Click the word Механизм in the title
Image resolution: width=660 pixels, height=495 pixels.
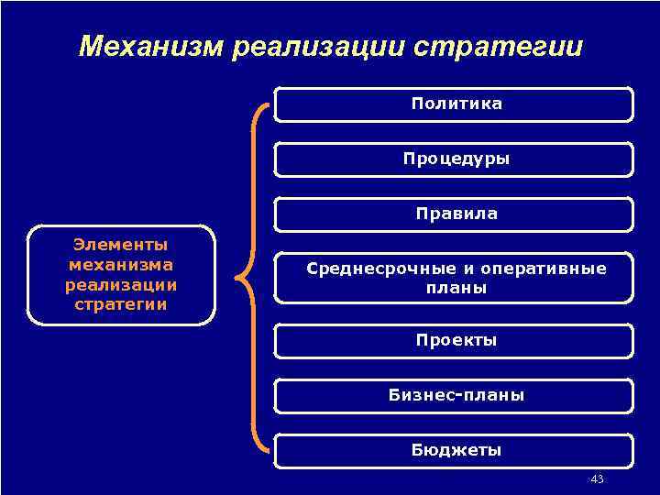[x=151, y=47]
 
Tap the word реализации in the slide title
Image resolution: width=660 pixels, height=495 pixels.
[x=316, y=47]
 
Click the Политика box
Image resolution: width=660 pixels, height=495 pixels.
[x=455, y=104]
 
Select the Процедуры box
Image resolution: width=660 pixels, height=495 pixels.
[x=455, y=159]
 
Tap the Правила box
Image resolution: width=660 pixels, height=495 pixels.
[x=455, y=214]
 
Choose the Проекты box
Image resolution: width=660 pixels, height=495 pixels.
[x=455, y=340]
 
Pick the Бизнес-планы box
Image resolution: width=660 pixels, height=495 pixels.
[x=455, y=396]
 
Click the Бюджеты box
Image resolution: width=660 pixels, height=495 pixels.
[x=455, y=450]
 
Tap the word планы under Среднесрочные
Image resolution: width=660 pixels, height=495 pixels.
[x=456, y=288]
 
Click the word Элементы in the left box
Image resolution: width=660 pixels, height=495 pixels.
[x=121, y=246]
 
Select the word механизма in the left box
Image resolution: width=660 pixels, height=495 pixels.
[x=121, y=265]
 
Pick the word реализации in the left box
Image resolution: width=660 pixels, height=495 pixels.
[x=121, y=284]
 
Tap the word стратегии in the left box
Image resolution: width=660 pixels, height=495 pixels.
[x=121, y=303]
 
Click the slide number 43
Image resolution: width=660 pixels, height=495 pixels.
[x=598, y=479]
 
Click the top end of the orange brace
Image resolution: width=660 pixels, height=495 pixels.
[x=269, y=104]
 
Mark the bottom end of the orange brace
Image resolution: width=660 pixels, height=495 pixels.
[x=269, y=449]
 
